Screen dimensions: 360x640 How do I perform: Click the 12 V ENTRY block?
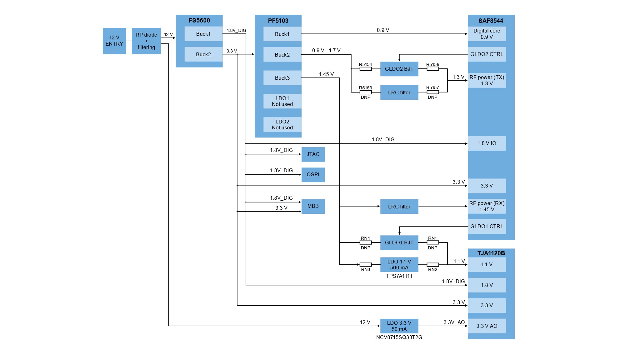coord(114,41)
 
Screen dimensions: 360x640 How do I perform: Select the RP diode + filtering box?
coord(146,41)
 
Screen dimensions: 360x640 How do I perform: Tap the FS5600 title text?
coord(199,21)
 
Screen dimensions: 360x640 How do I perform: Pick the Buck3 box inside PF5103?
coord(282,78)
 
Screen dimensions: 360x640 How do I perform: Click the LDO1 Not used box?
coord(282,101)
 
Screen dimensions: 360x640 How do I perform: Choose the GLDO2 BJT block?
coord(399,69)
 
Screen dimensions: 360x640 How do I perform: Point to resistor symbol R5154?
coord(365,69)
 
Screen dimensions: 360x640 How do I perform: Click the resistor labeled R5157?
coord(432,92)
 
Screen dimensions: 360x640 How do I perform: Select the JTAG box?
coord(313,154)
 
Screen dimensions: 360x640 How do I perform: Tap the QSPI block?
coord(313,175)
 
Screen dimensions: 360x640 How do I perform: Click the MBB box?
coord(313,206)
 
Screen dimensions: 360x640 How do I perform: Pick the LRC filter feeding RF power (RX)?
coord(399,207)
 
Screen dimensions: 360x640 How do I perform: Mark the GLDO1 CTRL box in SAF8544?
coord(487,227)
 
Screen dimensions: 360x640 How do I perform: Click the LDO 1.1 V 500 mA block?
coord(399,265)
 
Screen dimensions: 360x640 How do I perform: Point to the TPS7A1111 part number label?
coord(399,276)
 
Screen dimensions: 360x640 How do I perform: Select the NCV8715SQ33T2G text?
coord(399,337)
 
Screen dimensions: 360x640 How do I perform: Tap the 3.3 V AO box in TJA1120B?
coord(487,326)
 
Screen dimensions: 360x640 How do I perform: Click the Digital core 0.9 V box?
coord(487,34)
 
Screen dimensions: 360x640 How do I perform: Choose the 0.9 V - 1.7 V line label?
coord(326,50)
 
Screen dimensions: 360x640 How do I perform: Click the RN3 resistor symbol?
coord(365,265)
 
